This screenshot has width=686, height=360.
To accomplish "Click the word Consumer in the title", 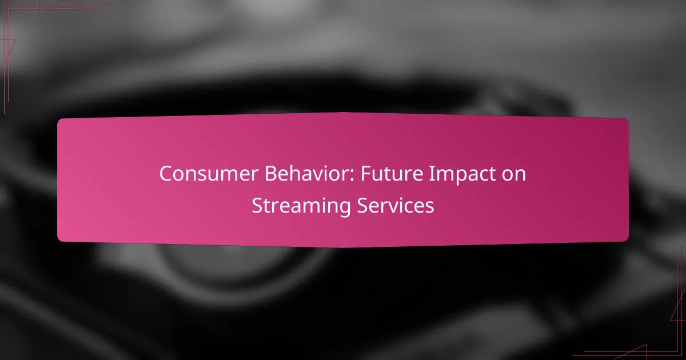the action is [209, 174].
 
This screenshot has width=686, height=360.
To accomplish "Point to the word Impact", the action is [461, 175].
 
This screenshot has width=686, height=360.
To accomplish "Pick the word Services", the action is [396, 205].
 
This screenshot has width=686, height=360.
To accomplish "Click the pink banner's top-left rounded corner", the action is [59, 121].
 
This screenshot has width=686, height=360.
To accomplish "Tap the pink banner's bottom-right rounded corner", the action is [627, 239].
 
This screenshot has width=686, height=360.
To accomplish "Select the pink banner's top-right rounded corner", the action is [627, 121].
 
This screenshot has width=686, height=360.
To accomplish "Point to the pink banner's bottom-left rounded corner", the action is [59, 239].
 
